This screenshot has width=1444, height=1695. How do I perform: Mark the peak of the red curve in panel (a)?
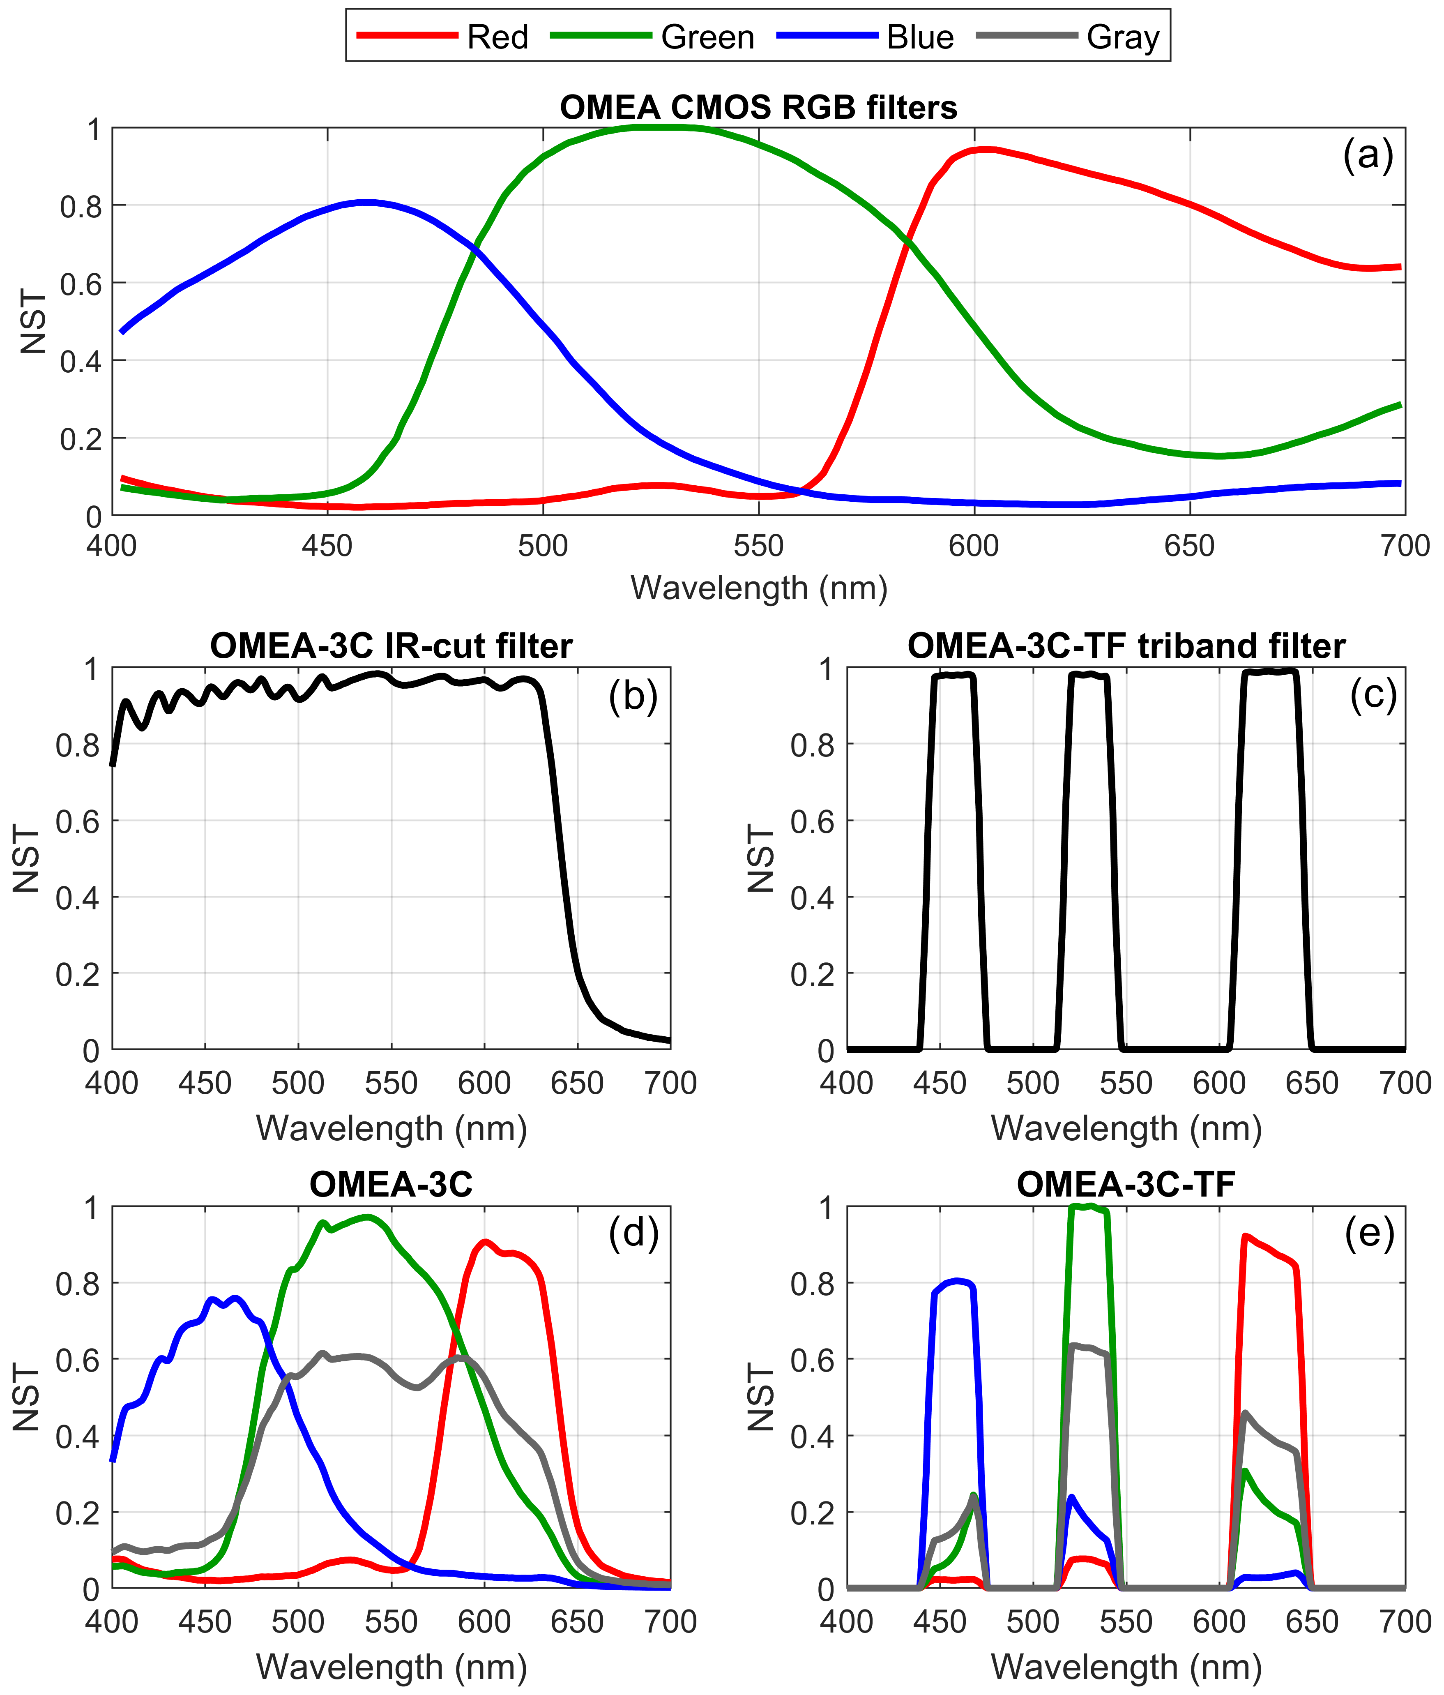pyautogui.click(x=983, y=149)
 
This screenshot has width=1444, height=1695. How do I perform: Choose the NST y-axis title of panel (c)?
pyautogui.click(x=760, y=859)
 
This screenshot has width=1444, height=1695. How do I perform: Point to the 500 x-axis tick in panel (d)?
pyautogui.click(x=297, y=1621)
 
